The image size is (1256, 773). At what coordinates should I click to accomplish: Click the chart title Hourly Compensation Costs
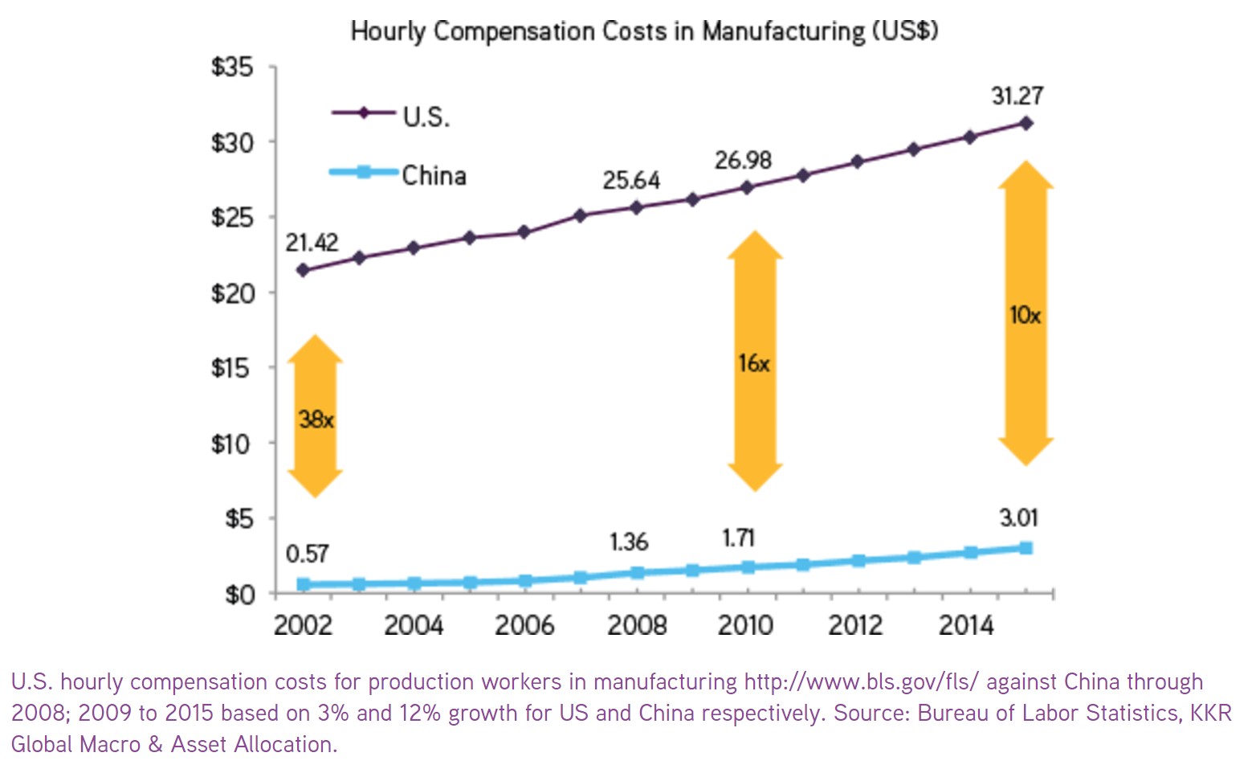[644, 31]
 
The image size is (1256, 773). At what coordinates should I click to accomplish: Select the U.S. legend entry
[426, 117]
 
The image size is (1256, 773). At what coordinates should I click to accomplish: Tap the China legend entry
[434, 175]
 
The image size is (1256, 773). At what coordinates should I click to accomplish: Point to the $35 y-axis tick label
[232, 67]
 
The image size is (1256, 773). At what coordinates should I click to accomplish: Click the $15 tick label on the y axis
[232, 368]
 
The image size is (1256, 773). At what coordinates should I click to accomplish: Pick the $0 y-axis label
[239, 595]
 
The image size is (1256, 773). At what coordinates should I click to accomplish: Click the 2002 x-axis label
[303, 625]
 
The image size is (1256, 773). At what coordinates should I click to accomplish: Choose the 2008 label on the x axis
[636, 625]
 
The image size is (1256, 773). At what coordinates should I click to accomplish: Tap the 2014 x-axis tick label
[967, 625]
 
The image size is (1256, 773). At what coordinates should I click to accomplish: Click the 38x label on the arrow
[316, 419]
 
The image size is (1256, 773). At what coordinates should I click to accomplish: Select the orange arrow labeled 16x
[755, 362]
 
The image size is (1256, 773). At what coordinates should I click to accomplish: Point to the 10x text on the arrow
[1026, 315]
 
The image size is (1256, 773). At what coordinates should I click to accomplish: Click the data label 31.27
[1017, 96]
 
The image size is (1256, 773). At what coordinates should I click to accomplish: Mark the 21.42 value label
[312, 243]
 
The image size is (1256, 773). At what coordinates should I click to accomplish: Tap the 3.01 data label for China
[1018, 518]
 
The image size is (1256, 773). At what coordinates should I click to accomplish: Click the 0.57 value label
[308, 554]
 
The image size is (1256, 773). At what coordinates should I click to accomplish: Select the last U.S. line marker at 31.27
[1026, 123]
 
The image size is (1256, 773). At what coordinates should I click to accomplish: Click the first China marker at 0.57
[304, 584]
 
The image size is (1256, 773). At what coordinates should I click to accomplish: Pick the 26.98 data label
[743, 161]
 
